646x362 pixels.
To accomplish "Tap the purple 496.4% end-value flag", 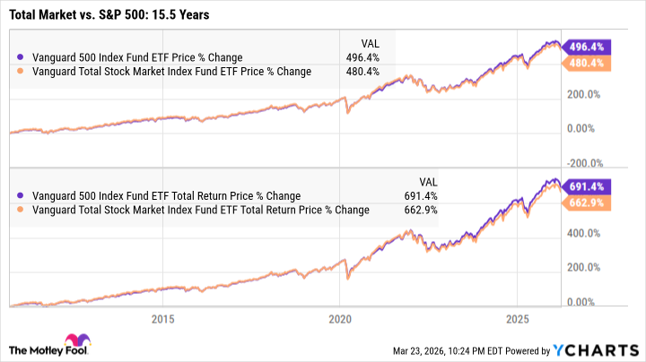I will coord(583,47).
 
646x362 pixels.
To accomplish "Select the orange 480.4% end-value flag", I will coord(583,64).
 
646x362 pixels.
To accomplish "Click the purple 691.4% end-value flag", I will coord(583,185).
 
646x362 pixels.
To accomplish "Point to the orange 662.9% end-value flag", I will coord(583,203).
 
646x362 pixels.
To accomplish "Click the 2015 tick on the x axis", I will coord(162,319).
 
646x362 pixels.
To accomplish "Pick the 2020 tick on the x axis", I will coord(340,319).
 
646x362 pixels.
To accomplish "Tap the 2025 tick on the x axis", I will coord(518,319).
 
